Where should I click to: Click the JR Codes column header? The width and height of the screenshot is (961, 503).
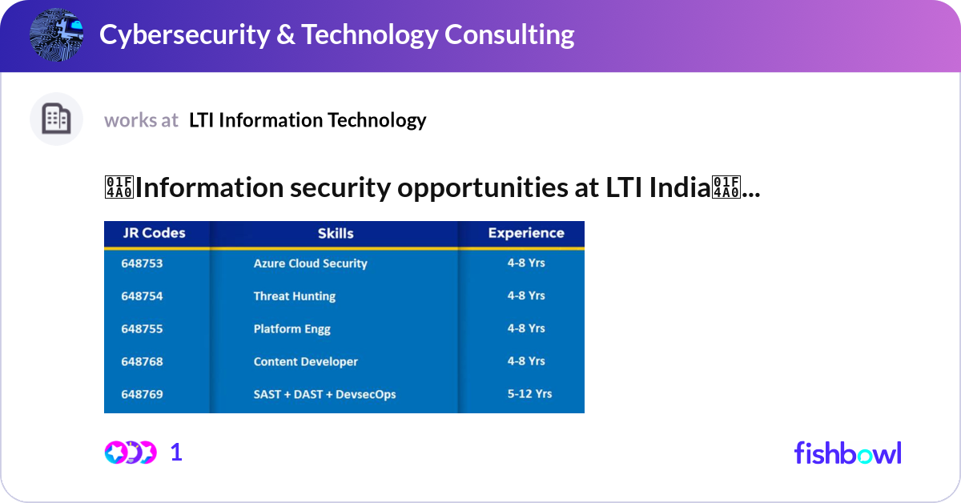(154, 234)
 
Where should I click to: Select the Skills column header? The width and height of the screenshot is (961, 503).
(336, 234)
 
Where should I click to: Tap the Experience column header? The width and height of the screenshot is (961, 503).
(526, 234)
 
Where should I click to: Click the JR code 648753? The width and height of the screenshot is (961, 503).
(142, 264)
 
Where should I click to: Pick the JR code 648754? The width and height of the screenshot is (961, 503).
(142, 296)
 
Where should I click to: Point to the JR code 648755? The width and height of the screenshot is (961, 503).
(142, 329)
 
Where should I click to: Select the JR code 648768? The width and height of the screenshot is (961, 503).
(142, 362)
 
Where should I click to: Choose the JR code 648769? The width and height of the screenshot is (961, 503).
(142, 394)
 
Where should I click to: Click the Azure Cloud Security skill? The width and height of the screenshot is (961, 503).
(310, 264)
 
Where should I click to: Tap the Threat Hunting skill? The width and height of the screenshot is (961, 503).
(294, 296)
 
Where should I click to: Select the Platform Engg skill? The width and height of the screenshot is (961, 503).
(292, 329)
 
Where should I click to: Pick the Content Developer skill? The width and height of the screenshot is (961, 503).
(305, 362)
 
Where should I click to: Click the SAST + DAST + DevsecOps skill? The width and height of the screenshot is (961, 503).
(324, 394)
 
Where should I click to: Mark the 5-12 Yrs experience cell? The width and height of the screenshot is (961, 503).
(529, 394)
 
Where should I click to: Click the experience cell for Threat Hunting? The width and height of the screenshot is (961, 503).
(526, 296)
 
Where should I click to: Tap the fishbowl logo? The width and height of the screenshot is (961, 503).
(847, 453)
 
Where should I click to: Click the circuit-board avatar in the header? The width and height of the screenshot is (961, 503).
(57, 34)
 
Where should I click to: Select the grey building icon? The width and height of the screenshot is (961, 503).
(57, 119)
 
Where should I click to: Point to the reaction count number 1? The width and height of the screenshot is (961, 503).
(176, 453)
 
